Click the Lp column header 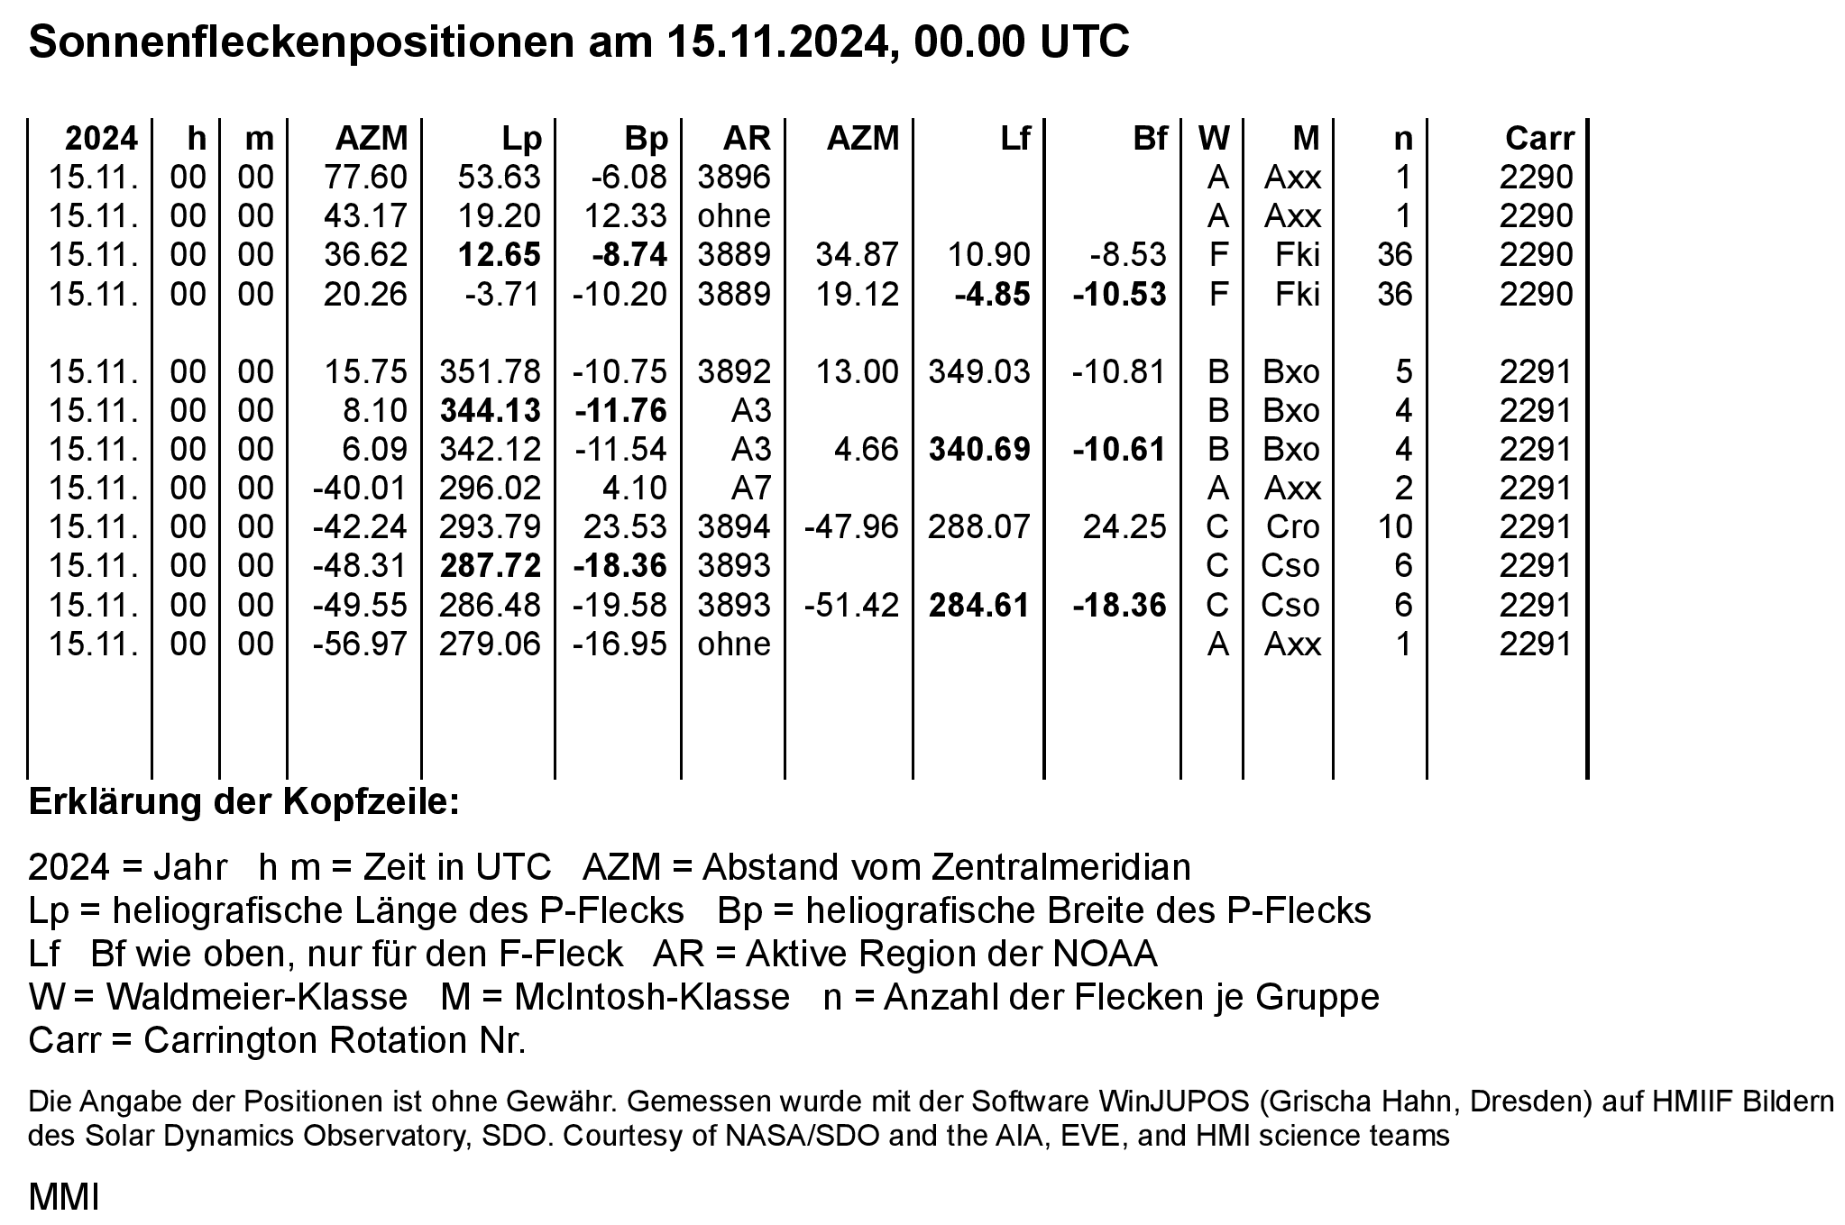click(x=522, y=139)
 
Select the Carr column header click(x=1538, y=139)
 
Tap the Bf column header click(x=1150, y=139)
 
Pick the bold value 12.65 click(x=499, y=255)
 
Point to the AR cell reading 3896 click(x=734, y=178)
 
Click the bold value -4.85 click(x=992, y=295)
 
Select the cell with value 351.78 click(x=490, y=372)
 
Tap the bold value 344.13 click(x=490, y=411)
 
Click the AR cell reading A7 click(x=752, y=489)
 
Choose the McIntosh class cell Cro click(x=1292, y=527)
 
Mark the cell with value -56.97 click(x=360, y=644)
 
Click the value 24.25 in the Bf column click(x=1124, y=527)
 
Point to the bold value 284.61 click(x=979, y=605)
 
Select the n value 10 click(x=1395, y=527)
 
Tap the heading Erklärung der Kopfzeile click(x=243, y=801)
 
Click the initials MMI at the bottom click(x=63, y=1198)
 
